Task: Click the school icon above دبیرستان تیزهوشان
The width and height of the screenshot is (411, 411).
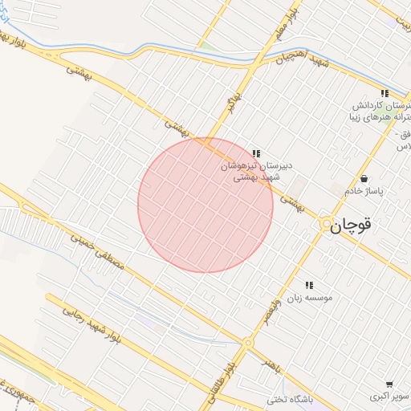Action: [256, 153]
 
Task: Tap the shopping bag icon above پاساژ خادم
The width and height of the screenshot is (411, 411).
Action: [365, 178]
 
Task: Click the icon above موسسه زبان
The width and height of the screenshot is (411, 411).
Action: [309, 284]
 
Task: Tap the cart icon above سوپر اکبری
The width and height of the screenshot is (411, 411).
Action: [389, 385]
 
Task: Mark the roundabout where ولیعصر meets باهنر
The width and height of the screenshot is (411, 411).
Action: [248, 343]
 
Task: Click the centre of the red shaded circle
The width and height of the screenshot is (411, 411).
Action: [205, 205]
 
